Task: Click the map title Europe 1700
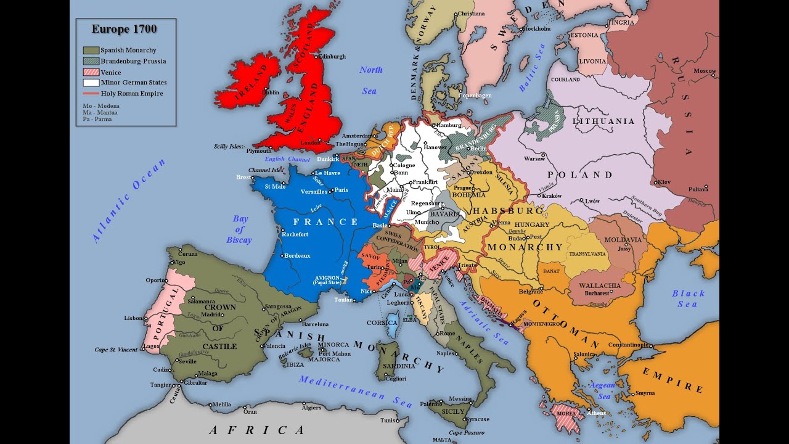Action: click(124, 29)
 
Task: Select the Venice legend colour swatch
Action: click(91, 72)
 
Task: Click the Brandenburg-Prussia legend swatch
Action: click(91, 61)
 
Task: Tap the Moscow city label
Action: click(705, 71)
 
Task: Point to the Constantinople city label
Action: click(628, 345)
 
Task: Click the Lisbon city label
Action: click(133, 318)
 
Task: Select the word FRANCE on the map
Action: click(325, 222)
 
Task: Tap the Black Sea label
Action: click(688, 298)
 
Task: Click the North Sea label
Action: click(370, 80)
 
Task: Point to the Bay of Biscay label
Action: click(239, 229)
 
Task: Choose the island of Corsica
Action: click(391, 324)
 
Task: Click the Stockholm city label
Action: click(538, 28)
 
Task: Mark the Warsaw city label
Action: click(534, 158)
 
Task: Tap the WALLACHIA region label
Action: click(600, 286)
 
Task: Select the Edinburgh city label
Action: click(332, 56)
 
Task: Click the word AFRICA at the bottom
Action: click(256, 430)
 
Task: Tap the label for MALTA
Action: click(442, 440)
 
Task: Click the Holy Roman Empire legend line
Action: click(91, 93)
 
